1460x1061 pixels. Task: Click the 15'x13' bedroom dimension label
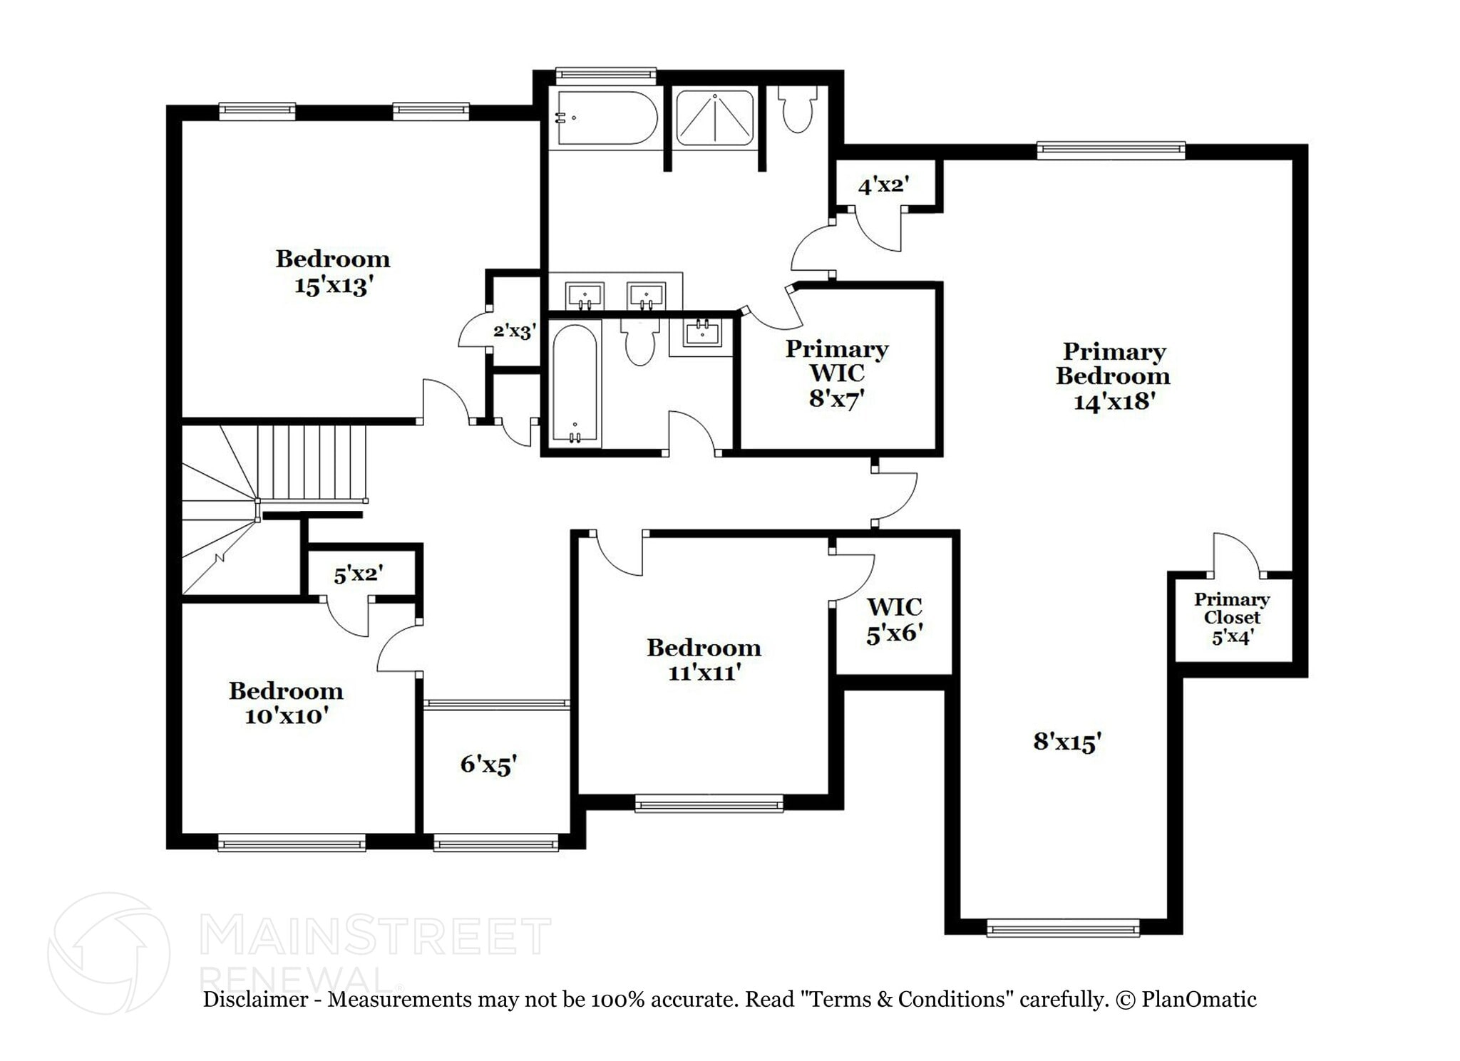click(x=334, y=286)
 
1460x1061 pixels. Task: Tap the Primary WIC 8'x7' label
click(x=836, y=373)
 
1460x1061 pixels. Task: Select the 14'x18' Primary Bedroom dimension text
click(x=1114, y=401)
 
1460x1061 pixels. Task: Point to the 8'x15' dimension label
click(x=1067, y=742)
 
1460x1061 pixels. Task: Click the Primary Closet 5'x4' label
click(x=1232, y=618)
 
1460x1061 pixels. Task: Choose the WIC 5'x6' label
click(x=895, y=619)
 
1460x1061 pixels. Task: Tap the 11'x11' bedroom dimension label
click(x=704, y=672)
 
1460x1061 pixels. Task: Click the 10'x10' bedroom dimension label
click(x=286, y=715)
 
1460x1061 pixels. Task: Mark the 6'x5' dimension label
click(x=488, y=765)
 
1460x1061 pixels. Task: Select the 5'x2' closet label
click(x=359, y=574)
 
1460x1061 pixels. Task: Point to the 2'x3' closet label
click(x=514, y=331)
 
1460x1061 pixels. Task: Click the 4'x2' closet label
click(x=884, y=186)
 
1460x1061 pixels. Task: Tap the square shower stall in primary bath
click(x=714, y=118)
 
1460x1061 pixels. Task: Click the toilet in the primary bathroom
click(x=797, y=110)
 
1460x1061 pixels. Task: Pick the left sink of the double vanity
click(x=585, y=295)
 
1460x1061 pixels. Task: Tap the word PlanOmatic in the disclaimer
click(x=1198, y=999)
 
